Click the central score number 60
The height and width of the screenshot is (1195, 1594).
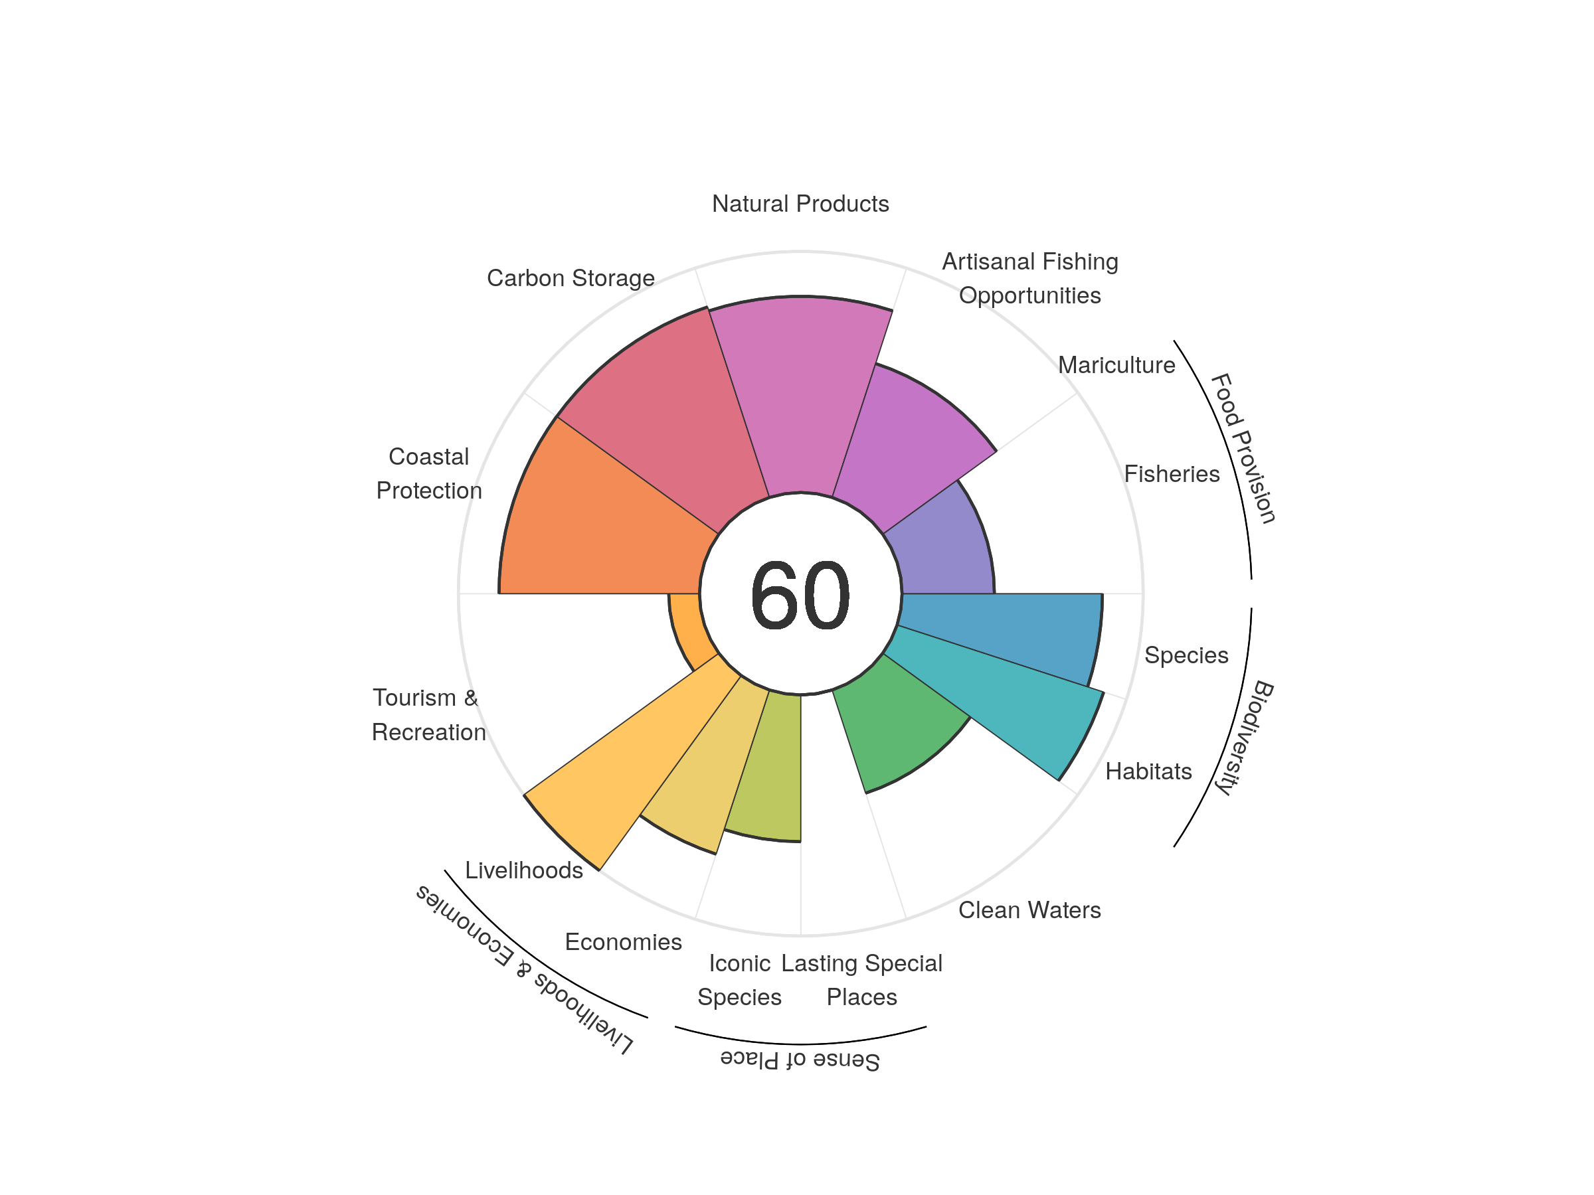pyautogui.click(x=800, y=595)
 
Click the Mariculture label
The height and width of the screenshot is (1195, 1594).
pyautogui.click(x=1116, y=365)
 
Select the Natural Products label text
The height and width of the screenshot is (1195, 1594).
pyautogui.click(x=800, y=204)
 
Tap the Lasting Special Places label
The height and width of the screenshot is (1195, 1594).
pyautogui.click(x=861, y=980)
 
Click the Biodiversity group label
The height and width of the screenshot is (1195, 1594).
pyautogui.click(x=1245, y=737)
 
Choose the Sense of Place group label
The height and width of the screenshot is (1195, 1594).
pyautogui.click(x=800, y=1060)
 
